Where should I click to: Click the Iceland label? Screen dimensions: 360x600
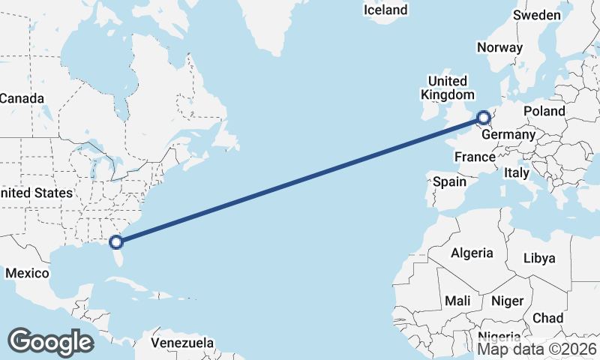pyautogui.click(x=385, y=10)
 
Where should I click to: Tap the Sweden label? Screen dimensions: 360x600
pyautogui.click(x=537, y=16)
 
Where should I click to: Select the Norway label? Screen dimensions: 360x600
pyautogui.click(x=499, y=47)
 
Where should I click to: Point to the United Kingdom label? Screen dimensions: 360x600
pyautogui.click(x=448, y=88)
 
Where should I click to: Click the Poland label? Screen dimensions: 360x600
pyautogui.click(x=544, y=111)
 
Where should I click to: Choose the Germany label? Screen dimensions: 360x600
pyautogui.click(x=508, y=135)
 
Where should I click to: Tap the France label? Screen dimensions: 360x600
pyautogui.click(x=475, y=157)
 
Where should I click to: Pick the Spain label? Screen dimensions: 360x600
pyautogui.click(x=450, y=181)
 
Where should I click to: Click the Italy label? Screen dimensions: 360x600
pyautogui.click(x=517, y=172)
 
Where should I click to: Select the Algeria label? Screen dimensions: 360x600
pyautogui.click(x=472, y=253)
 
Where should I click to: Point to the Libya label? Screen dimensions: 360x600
pyautogui.click(x=539, y=258)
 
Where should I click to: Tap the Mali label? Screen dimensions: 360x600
pyautogui.click(x=457, y=301)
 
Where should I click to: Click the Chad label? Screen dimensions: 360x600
pyautogui.click(x=547, y=318)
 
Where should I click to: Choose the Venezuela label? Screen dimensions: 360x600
pyautogui.click(x=182, y=343)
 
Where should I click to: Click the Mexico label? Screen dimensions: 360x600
pyautogui.click(x=27, y=273)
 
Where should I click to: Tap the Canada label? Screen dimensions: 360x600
pyautogui.click(x=22, y=98)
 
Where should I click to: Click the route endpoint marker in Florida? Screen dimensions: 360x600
pyautogui.click(x=115, y=241)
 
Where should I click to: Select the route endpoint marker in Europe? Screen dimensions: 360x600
pyautogui.click(x=484, y=117)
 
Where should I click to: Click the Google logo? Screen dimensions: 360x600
pyautogui.click(x=50, y=342)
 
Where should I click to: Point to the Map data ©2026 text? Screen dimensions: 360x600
pyautogui.click(x=537, y=349)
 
